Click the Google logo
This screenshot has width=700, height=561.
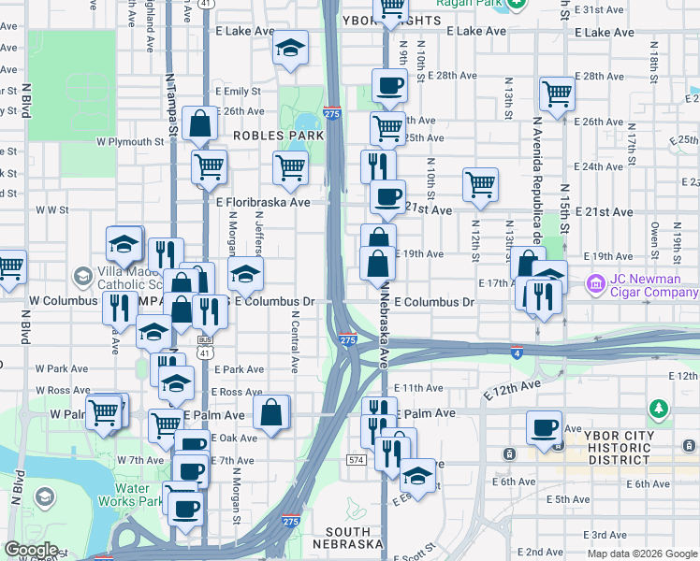tap(31, 550)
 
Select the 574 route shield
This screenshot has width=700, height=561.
tap(355, 460)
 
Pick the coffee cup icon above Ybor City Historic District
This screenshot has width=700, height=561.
tap(544, 428)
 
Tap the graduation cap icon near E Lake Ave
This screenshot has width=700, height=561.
tap(291, 48)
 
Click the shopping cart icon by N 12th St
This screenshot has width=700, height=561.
tap(480, 185)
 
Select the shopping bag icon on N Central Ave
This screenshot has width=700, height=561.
tap(271, 412)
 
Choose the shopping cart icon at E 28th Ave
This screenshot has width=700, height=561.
tap(557, 93)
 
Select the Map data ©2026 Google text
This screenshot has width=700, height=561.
tap(641, 554)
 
